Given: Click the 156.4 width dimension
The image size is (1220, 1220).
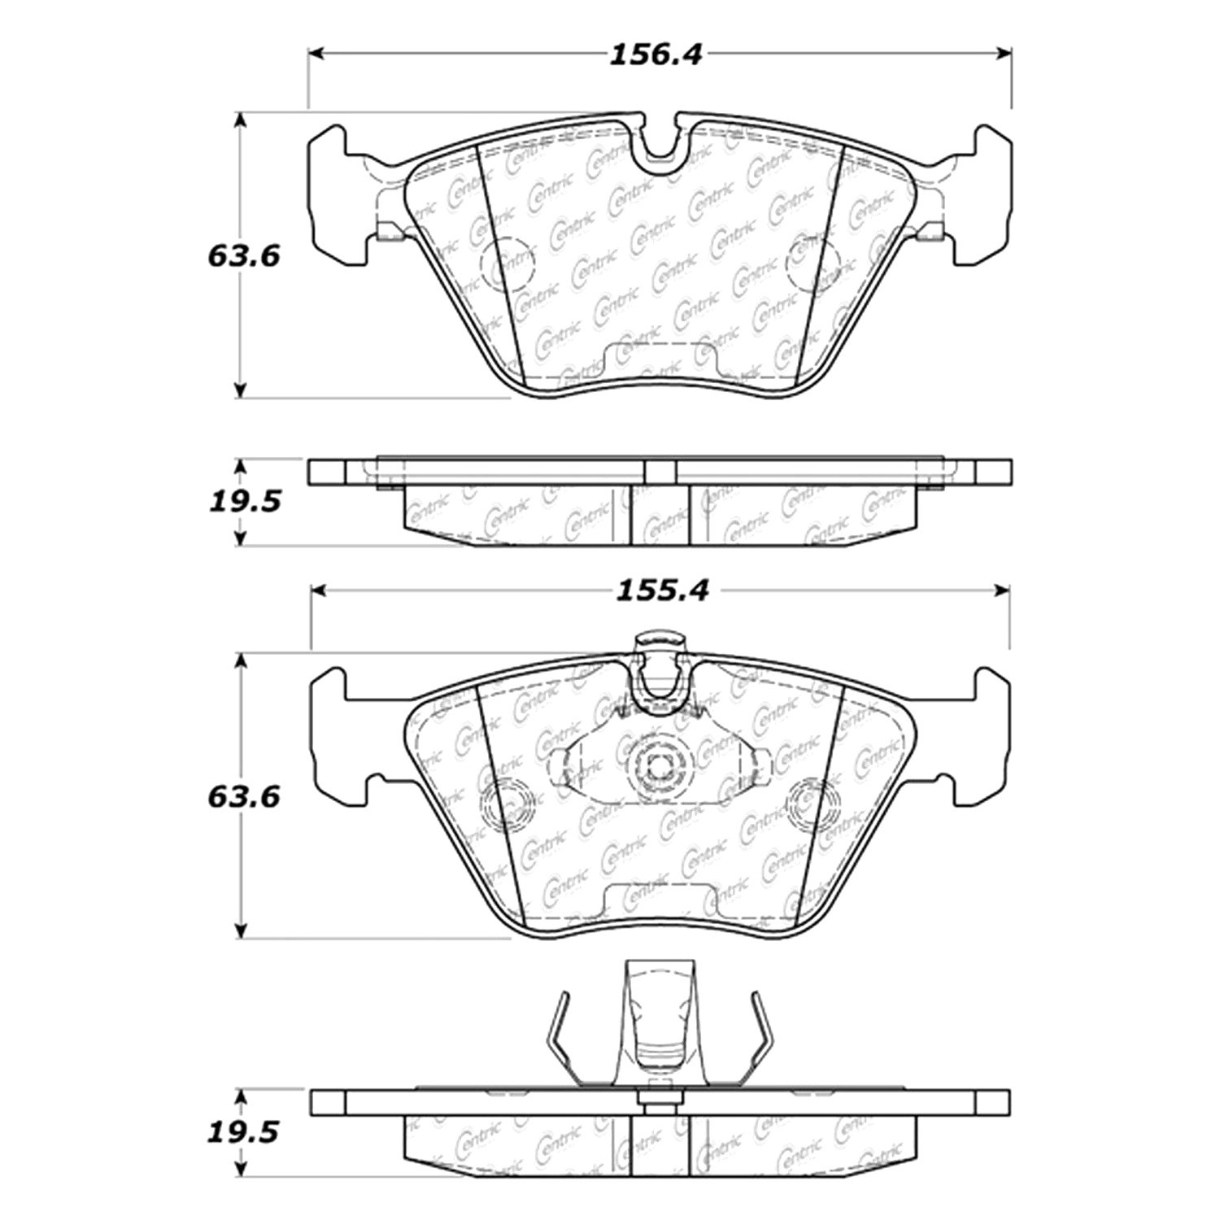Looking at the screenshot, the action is point(656,54).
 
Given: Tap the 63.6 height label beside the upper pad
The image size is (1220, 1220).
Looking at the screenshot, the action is point(244,256).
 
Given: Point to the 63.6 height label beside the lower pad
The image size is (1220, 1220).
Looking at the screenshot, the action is point(244,796).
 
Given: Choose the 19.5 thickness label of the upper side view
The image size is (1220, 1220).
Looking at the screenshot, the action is point(245,501).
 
